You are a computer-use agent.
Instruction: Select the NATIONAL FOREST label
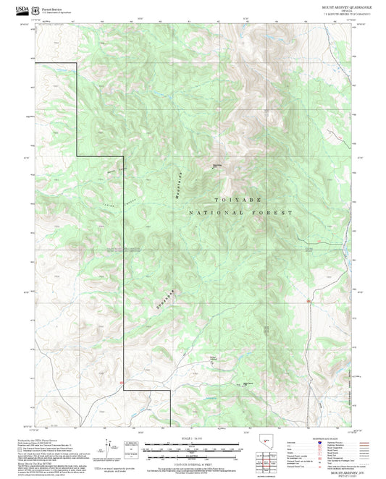pos(240,213)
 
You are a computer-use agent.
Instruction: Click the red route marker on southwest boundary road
pos(122,381)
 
